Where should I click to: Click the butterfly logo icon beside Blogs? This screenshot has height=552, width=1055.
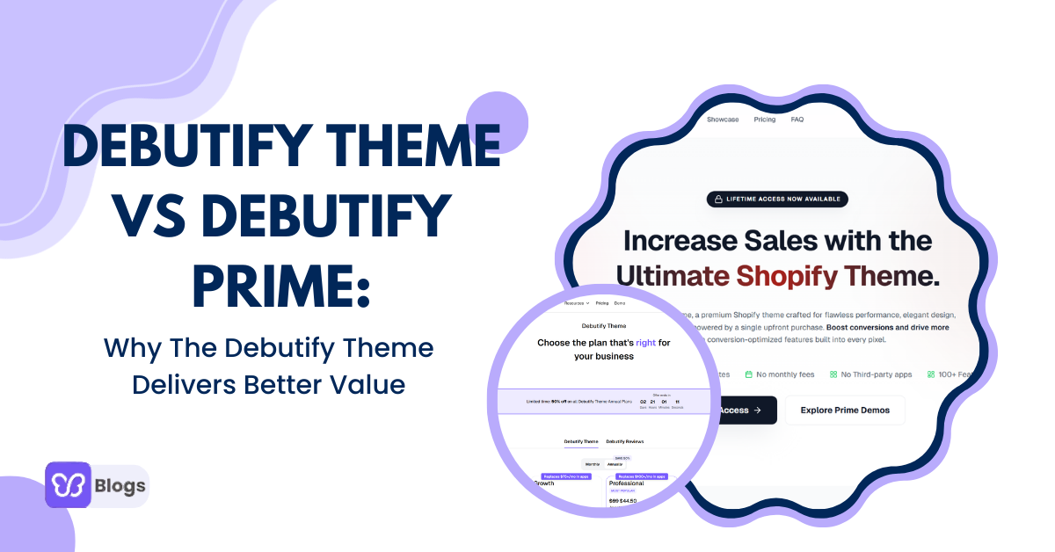(x=69, y=485)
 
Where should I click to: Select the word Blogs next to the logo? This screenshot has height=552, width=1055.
(x=121, y=485)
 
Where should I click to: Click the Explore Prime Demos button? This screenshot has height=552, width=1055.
(x=844, y=410)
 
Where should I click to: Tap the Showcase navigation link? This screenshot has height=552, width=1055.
(x=723, y=120)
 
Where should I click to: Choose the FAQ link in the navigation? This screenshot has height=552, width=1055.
(x=797, y=120)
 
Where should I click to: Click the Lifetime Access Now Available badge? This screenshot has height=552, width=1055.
(x=777, y=200)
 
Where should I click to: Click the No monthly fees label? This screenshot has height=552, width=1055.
(x=779, y=374)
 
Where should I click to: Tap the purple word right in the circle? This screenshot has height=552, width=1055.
(x=646, y=343)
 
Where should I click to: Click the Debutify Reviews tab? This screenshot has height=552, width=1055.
(x=625, y=441)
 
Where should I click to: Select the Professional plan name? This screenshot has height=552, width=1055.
(x=626, y=483)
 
